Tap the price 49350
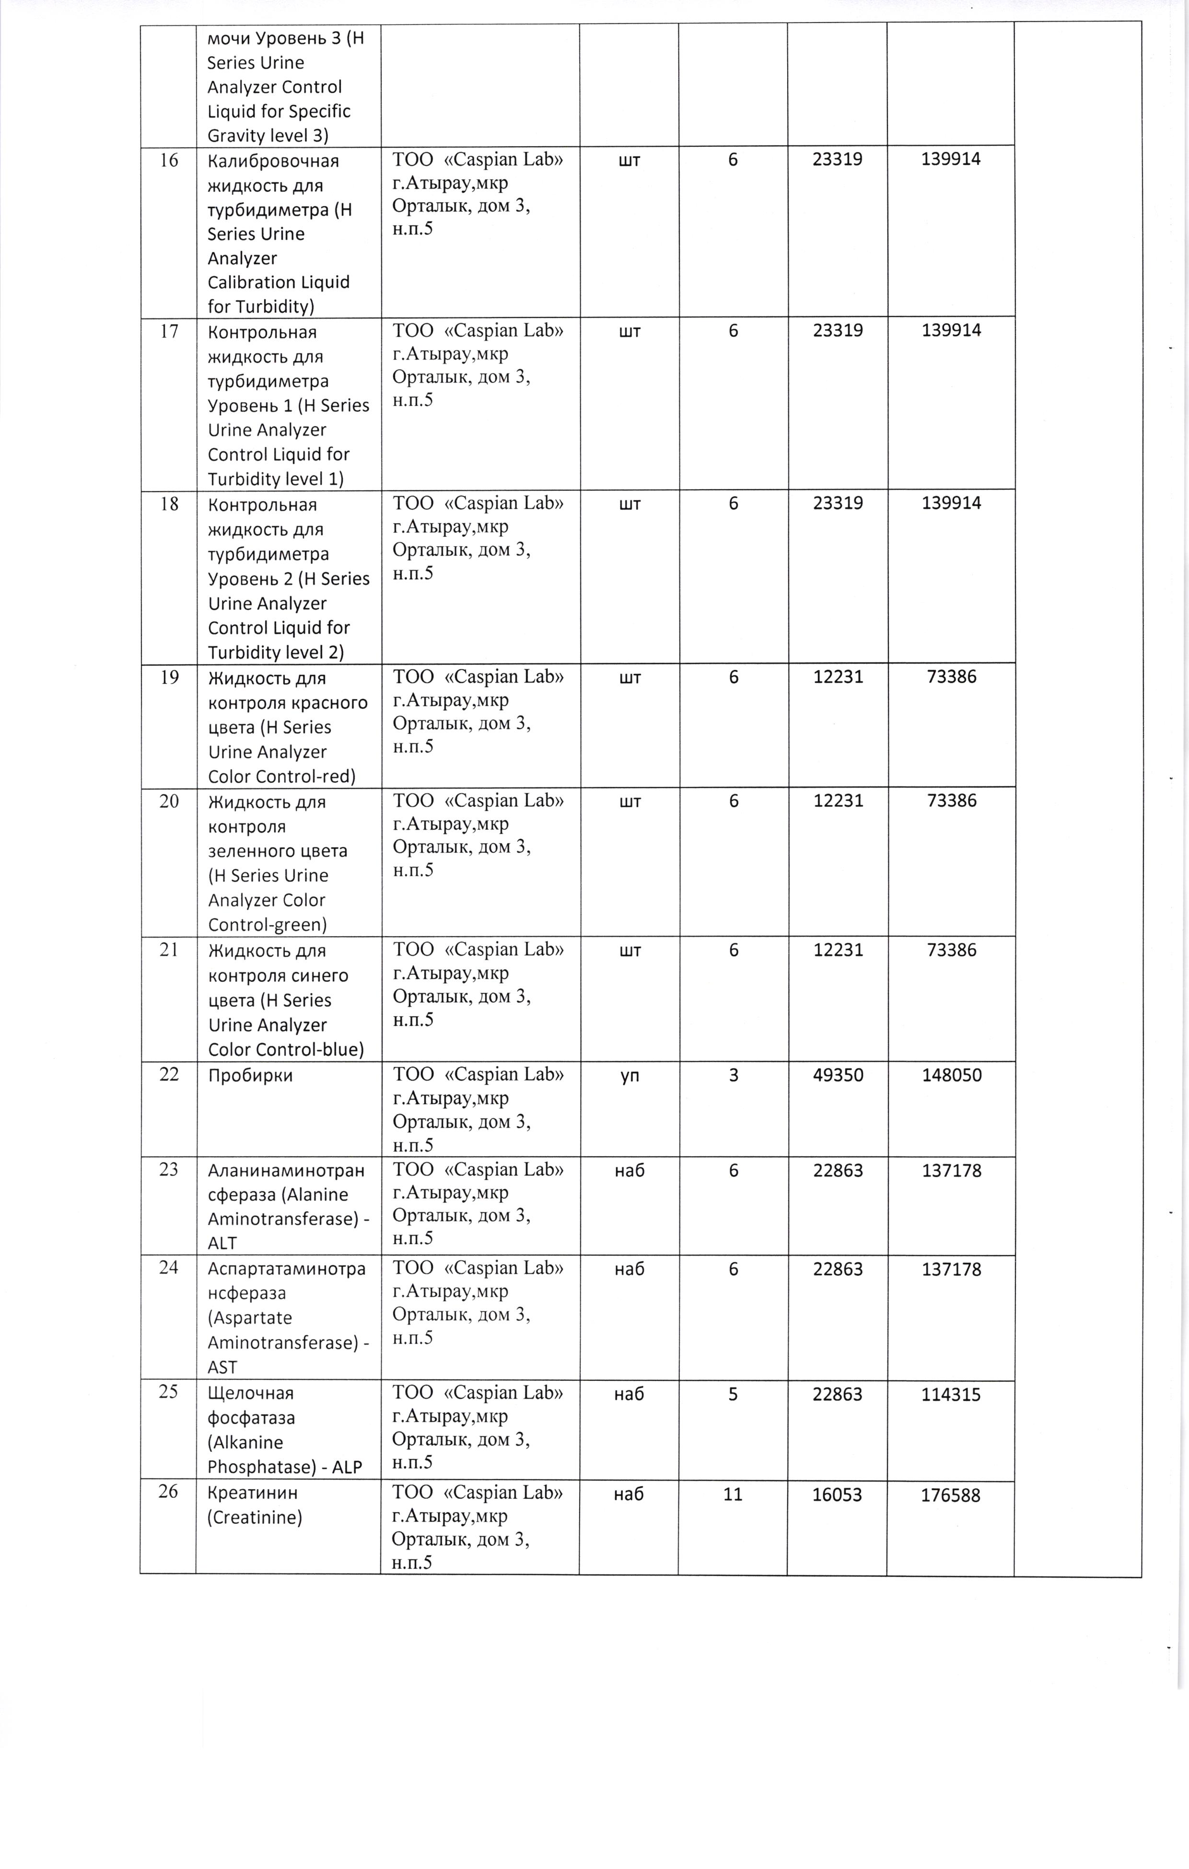(x=838, y=1075)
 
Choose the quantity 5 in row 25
(x=733, y=1394)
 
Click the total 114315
(x=951, y=1395)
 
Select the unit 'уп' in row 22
(x=629, y=1076)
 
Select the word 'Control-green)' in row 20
(x=267, y=924)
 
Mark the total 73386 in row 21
(x=952, y=950)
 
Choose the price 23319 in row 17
(x=838, y=330)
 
